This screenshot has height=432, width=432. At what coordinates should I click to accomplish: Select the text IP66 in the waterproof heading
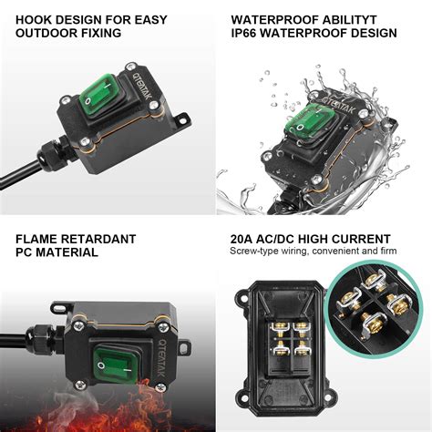[246, 34]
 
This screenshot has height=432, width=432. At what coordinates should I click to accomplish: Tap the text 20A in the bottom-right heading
[245, 239]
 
